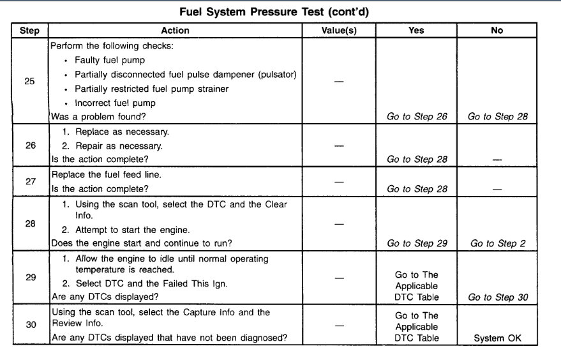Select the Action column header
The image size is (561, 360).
tap(175, 31)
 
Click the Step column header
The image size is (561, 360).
tap(30, 31)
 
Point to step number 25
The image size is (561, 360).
tap(30, 81)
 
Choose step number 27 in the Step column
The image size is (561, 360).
tap(30, 181)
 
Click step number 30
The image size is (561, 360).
tap(30, 325)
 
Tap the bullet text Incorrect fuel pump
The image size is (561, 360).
tap(115, 103)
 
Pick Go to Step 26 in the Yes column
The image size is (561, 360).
tap(417, 117)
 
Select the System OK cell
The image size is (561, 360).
tap(497, 338)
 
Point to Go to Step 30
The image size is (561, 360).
tap(497, 297)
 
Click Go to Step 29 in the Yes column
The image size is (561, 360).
tap(417, 243)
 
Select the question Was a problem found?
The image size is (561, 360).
tap(94, 117)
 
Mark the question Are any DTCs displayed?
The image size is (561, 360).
tap(102, 297)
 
